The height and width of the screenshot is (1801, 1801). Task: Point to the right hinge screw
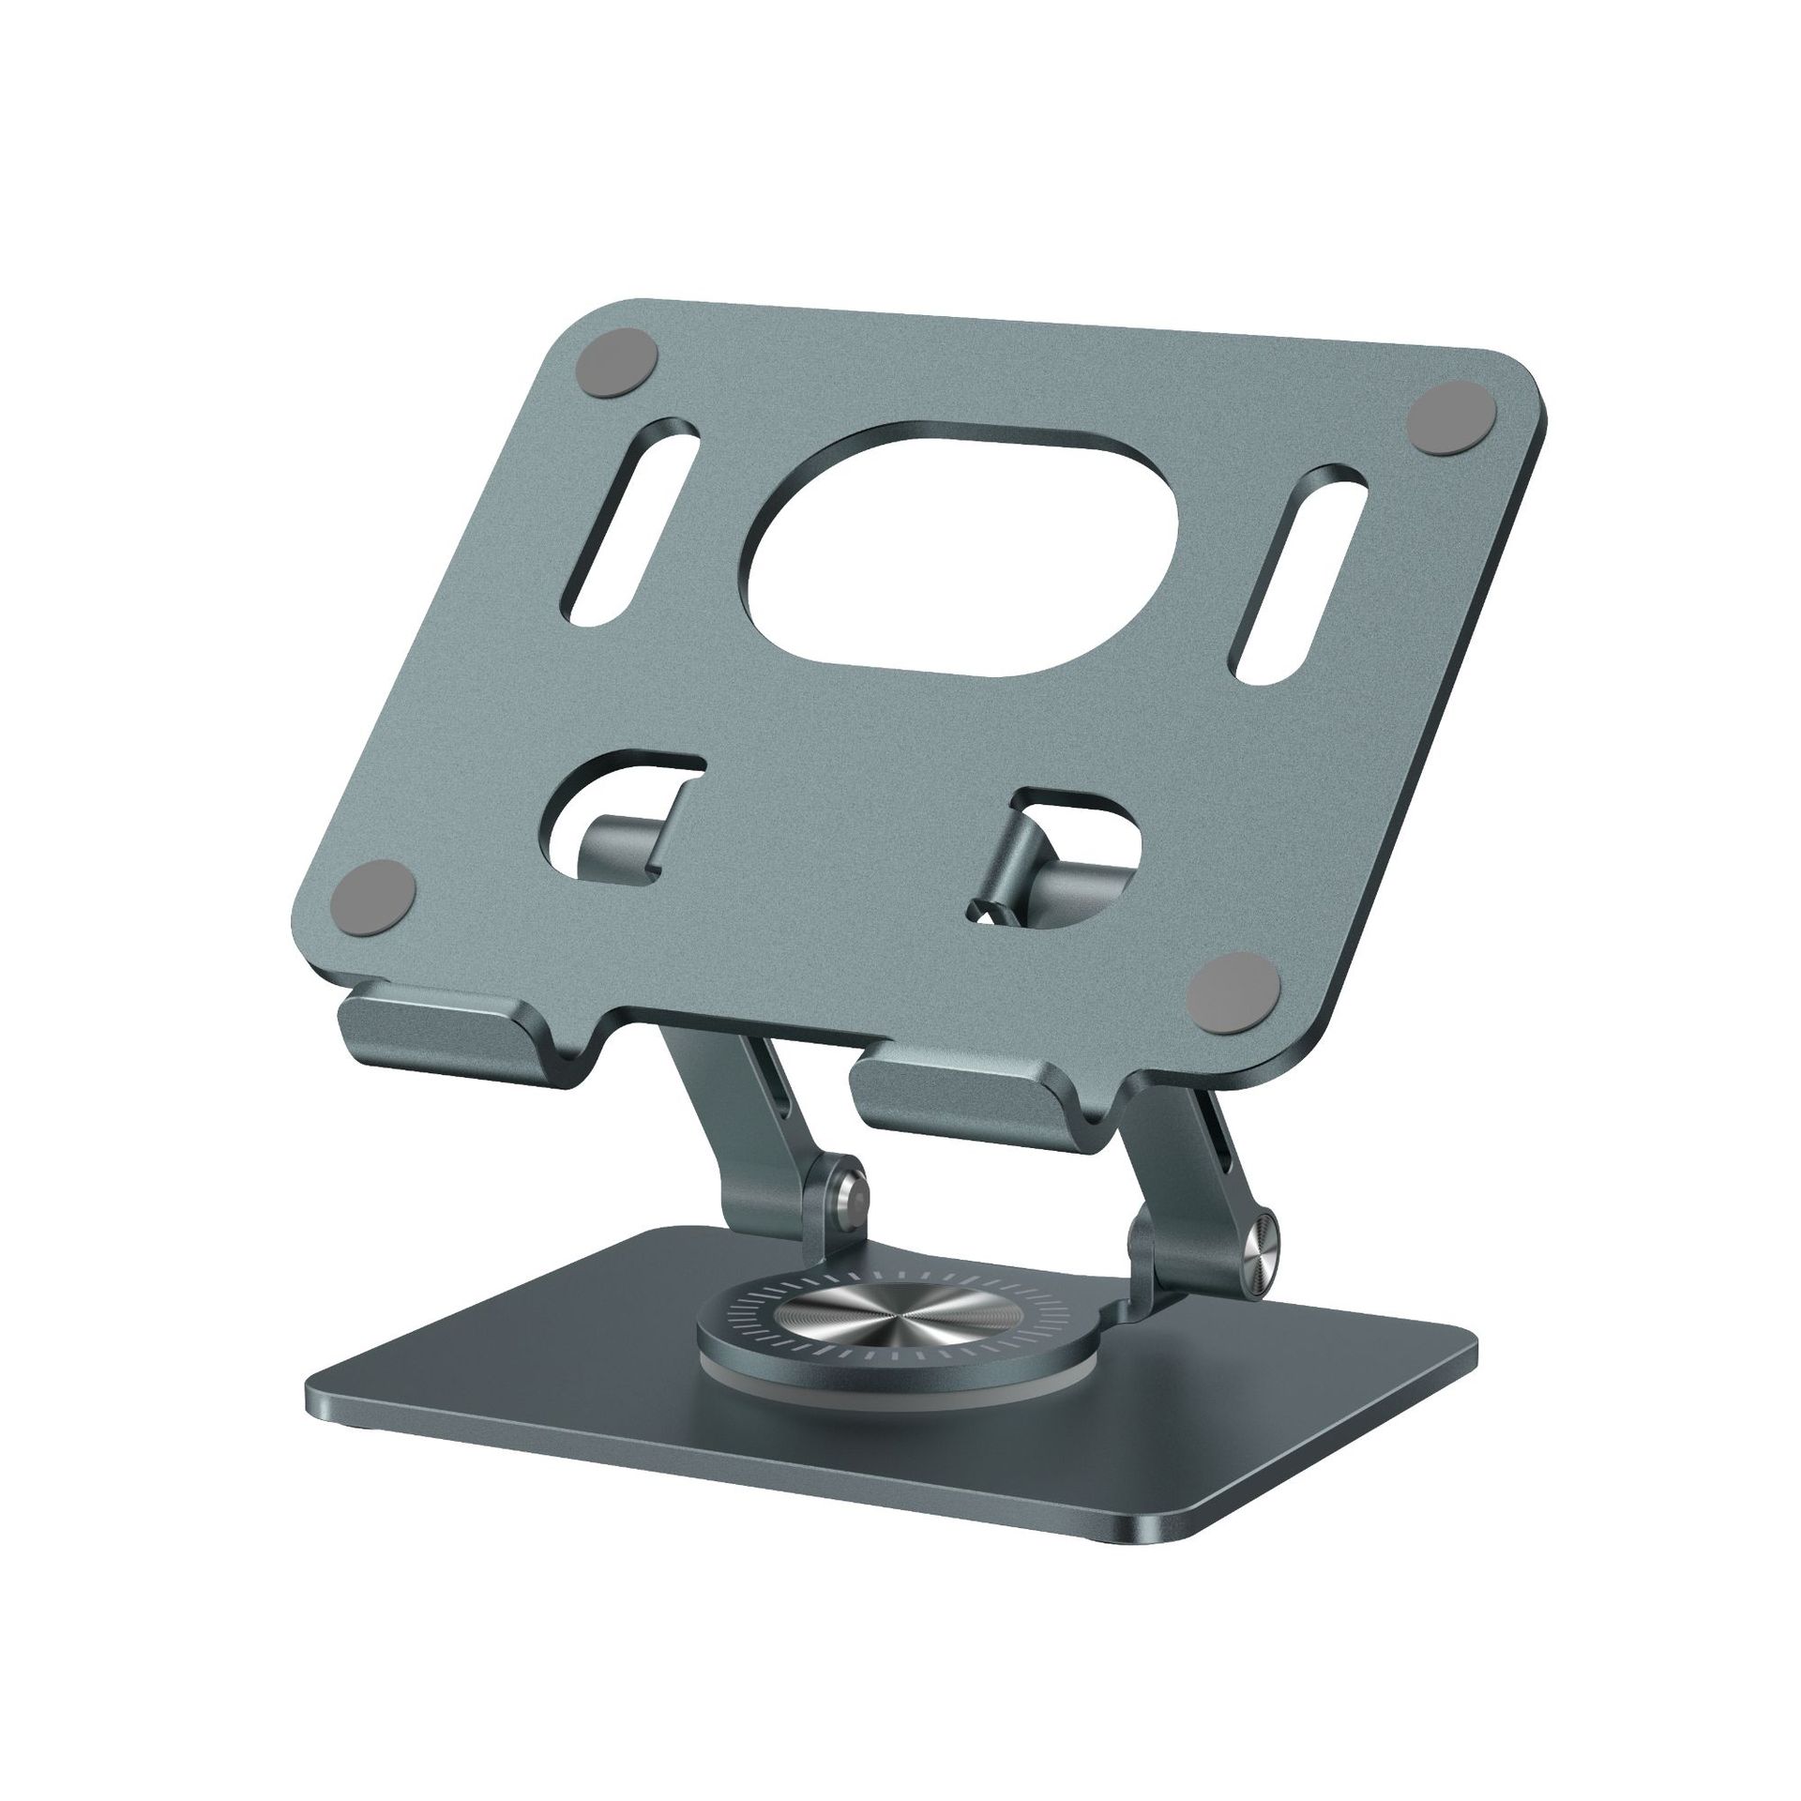pyautogui.click(x=1261, y=1239)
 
